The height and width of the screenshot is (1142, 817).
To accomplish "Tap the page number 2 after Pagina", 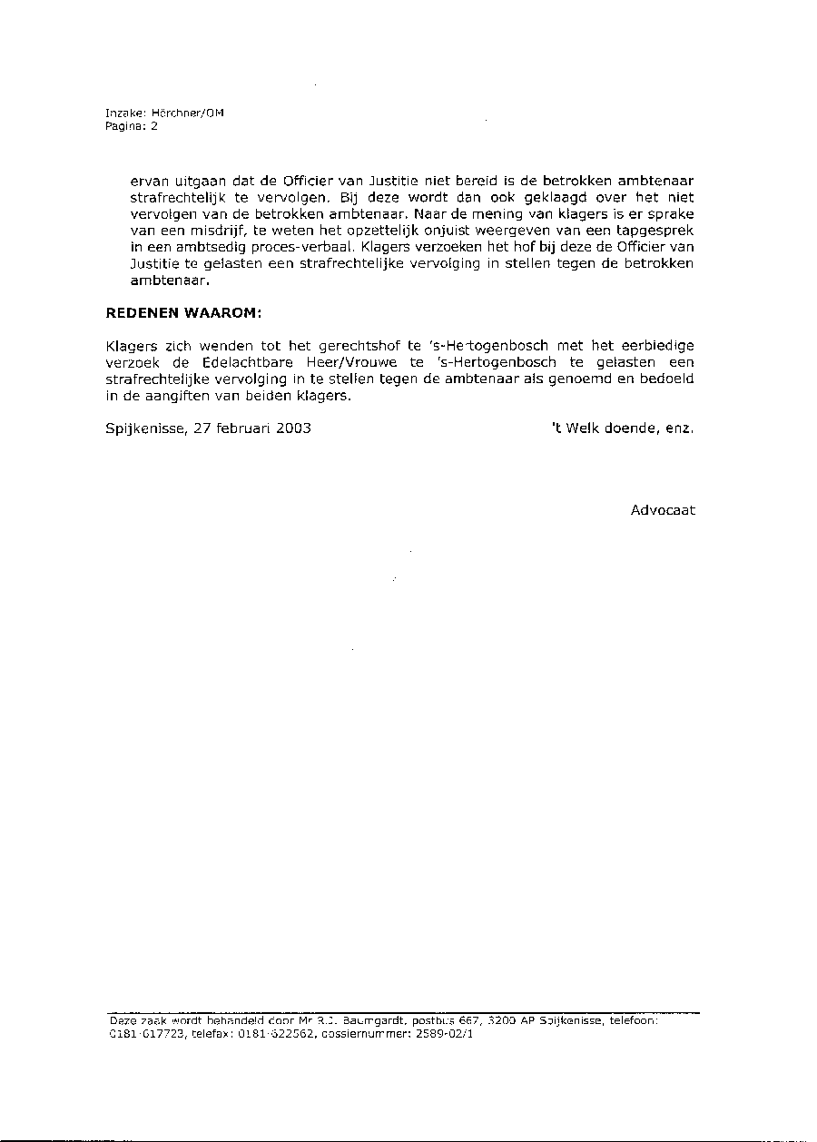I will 154,127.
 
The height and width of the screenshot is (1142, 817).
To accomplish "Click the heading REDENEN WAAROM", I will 183,313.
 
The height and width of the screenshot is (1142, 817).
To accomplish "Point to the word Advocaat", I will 663,510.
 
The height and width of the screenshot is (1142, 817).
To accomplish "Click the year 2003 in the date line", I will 293,428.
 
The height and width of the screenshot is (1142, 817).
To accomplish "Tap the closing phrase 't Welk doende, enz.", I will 622,428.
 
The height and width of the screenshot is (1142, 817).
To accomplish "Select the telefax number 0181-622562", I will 271,1033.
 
